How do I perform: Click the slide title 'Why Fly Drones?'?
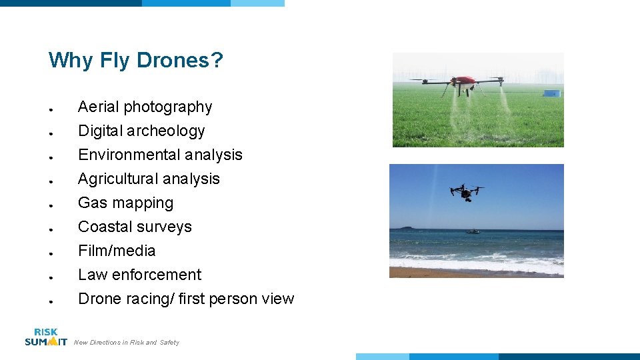point(136,61)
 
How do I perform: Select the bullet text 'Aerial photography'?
point(145,107)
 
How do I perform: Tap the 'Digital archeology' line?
point(141,131)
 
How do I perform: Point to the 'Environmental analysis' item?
point(160,155)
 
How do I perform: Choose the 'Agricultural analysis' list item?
point(149,179)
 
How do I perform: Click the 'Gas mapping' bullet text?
point(125,203)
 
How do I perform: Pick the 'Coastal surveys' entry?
point(135,227)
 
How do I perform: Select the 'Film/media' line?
point(117,251)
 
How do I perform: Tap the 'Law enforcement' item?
point(139,275)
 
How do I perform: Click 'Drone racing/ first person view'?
point(186,299)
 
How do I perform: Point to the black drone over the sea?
point(467,192)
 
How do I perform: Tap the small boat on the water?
point(472,231)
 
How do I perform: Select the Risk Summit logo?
point(46,337)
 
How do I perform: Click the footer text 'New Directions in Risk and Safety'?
point(127,343)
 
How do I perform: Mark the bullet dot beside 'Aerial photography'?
point(51,109)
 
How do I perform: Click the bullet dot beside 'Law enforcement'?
point(51,277)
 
